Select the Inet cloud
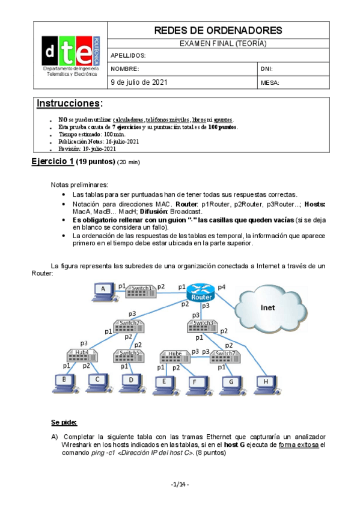(x=267, y=307)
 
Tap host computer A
(x=104, y=292)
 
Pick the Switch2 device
(x=129, y=325)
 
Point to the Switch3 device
(x=203, y=325)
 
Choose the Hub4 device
(x=82, y=353)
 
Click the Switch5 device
(x=130, y=353)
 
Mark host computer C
(x=96, y=381)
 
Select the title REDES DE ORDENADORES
(x=218, y=30)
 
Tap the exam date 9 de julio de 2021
(x=139, y=82)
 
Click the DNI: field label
(x=267, y=69)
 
